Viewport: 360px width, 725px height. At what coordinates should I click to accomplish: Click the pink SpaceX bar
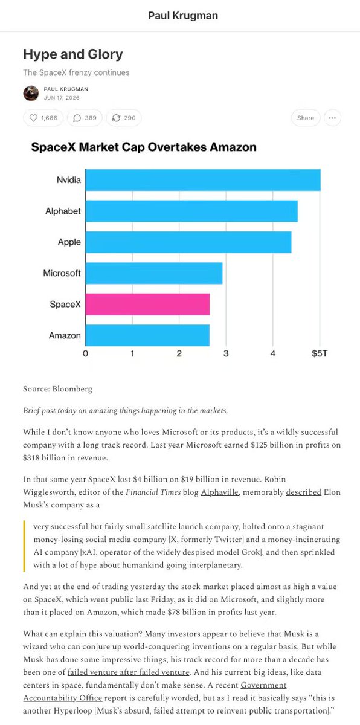(147, 304)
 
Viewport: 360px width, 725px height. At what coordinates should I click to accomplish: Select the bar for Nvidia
(203, 180)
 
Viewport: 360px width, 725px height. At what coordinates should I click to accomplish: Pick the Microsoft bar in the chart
(154, 273)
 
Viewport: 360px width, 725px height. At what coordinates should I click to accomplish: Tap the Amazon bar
(147, 335)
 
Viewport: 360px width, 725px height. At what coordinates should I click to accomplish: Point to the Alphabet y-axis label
(63, 211)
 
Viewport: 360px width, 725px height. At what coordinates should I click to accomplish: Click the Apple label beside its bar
(69, 242)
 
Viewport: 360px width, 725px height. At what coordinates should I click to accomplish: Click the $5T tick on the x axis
(320, 353)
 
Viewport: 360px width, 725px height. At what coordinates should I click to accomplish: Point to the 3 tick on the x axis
(226, 353)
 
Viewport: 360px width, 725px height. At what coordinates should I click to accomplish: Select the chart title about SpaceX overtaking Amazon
(144, 147)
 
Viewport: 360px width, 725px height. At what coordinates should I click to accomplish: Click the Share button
(306, 118)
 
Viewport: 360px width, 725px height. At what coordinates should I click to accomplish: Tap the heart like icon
(33, 118)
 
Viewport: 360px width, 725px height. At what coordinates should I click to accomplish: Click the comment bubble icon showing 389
(77, 118)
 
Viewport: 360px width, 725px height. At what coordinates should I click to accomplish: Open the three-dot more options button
(332, 118)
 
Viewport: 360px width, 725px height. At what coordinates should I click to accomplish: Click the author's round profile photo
(31, 93)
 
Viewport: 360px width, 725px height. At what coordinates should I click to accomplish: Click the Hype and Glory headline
(73, 54)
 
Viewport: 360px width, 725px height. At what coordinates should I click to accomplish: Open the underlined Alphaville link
(220, 492)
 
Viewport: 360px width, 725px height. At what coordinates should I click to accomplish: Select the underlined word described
(303, 492)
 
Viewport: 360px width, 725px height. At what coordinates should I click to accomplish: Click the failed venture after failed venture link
(129, 672)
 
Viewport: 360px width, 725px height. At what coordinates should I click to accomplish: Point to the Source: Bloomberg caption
(57, 389)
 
